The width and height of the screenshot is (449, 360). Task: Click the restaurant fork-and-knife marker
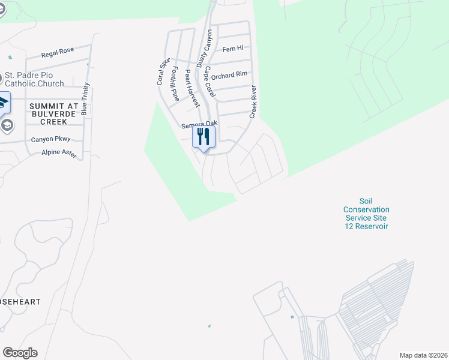click(203, 137)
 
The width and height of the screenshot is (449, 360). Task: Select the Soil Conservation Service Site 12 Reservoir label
click(366, 214)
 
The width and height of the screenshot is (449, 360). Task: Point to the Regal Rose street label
click(58, 53)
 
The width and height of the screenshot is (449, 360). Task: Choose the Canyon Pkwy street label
click(50, 139)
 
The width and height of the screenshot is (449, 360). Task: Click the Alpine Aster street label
click(59, 154)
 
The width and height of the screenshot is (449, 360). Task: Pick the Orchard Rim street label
click(229, 74)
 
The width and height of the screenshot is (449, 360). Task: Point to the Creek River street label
click(253, 101)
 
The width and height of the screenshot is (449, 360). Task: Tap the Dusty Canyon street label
click(205, 47)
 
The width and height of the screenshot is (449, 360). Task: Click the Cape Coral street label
click(209, 82)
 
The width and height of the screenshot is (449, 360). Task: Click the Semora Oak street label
click(199, 124)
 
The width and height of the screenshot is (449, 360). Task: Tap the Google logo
click(20, 353)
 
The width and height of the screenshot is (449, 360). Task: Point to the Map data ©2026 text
click(423, 355)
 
